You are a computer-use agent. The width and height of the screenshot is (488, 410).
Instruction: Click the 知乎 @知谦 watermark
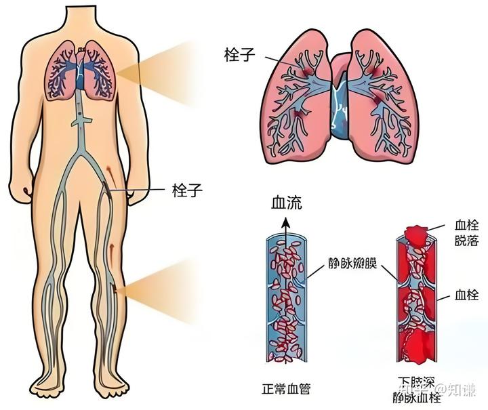tap(448, 388)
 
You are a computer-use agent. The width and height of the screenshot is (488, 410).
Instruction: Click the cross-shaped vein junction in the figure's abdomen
tap(81, 121)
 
